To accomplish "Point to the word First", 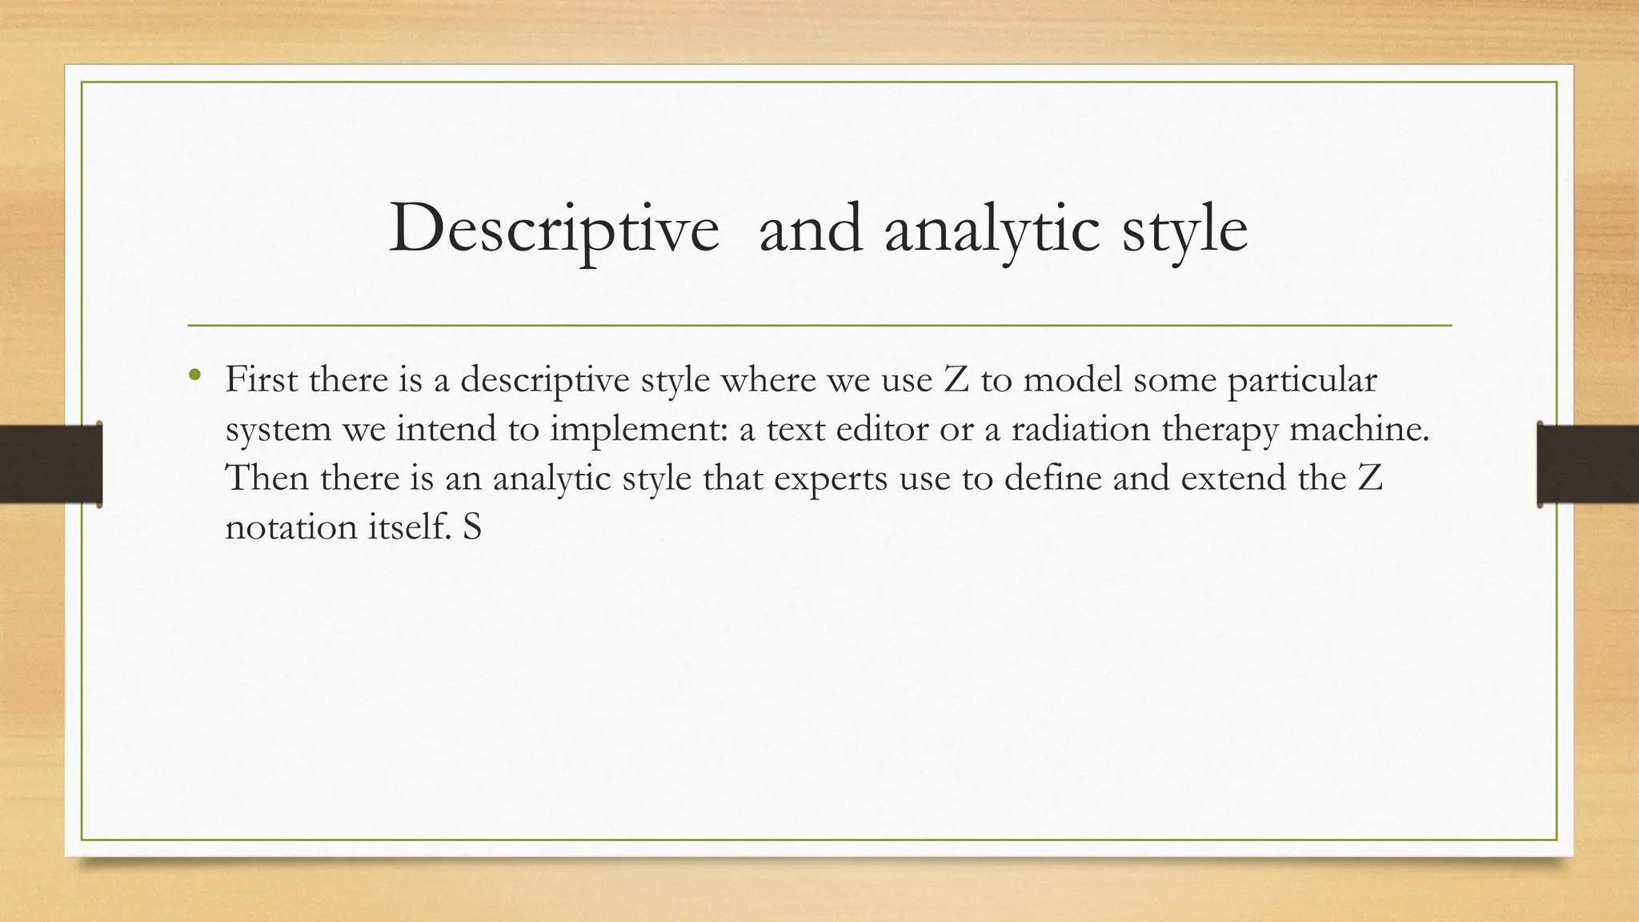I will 261,379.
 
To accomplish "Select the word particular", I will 1302,379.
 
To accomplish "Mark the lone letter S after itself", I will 471,527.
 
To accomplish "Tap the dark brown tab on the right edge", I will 1588,464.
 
